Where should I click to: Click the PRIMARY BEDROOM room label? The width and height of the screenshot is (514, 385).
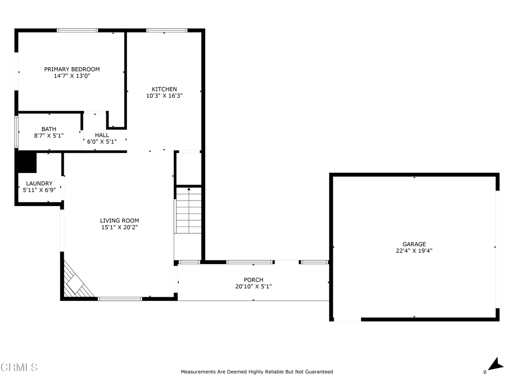tap(72, 69)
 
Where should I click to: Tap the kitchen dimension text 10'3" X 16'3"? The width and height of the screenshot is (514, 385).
tap(164, 95)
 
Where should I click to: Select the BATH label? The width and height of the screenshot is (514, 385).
tap(49, 129)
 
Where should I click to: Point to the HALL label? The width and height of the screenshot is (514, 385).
tap(102, 135)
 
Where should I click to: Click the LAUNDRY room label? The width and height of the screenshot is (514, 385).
tap(39, 183)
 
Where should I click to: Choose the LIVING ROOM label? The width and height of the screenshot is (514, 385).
tap(119, 221)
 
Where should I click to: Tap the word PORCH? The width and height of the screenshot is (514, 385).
tap(253, 280)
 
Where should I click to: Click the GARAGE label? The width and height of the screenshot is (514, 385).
tap(414, 244)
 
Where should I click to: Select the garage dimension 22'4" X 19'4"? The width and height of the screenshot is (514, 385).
tap(414, 251)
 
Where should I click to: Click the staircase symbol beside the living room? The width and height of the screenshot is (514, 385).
tap(188, 211)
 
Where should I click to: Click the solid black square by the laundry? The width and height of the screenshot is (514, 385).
tap(26, 162)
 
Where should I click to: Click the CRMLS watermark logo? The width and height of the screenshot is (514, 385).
tap(19, 367)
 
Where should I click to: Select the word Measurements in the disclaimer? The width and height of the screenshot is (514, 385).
tap(198, 372)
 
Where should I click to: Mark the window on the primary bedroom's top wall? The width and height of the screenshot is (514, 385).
tap(77, 31)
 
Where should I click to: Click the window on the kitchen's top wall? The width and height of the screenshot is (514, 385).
tap(167, 31)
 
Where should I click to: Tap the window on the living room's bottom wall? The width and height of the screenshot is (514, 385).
tap(120, 299)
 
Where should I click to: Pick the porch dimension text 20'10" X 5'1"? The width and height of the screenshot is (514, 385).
tap(253, 287)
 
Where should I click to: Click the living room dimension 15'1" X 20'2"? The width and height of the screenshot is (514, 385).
tap(119, 227)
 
